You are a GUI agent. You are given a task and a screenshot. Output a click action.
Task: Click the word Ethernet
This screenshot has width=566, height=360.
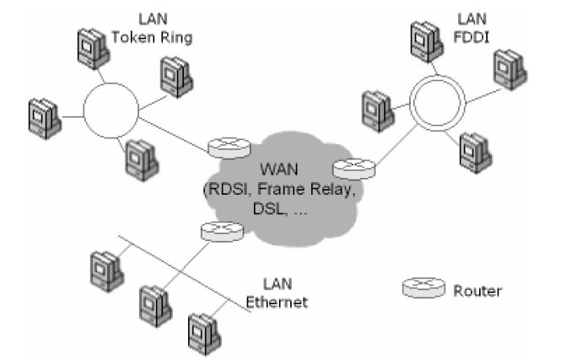(x=282, y=301)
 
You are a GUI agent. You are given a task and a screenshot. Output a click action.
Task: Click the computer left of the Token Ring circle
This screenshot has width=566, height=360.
(x=41, y=119)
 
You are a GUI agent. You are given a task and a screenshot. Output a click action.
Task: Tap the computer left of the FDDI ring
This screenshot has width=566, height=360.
(x=375, y=109)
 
